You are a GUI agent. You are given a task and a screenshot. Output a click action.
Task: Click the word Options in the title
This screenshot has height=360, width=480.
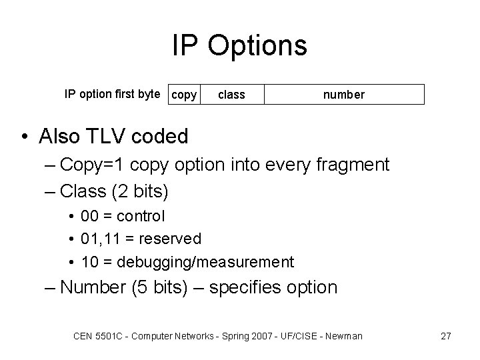257,46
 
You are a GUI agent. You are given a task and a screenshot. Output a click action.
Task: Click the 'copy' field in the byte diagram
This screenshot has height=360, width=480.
184,95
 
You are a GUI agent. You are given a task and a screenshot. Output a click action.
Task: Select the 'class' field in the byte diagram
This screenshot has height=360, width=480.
231,95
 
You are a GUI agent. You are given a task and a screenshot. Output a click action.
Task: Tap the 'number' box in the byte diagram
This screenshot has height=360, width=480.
344,95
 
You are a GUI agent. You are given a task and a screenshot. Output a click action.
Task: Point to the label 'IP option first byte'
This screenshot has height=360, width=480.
112,93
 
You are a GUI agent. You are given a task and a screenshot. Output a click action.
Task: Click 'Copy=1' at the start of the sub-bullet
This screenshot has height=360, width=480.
95,165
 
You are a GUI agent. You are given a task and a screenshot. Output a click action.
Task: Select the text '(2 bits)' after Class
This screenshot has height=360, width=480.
141,191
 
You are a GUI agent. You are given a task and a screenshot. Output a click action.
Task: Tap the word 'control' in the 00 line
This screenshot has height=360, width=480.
140,216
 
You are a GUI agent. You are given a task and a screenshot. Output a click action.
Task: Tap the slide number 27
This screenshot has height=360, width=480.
446,336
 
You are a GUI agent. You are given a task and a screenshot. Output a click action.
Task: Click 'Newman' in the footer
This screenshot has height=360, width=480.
342,336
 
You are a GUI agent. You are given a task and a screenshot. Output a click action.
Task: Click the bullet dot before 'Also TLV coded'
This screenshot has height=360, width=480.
24,137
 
